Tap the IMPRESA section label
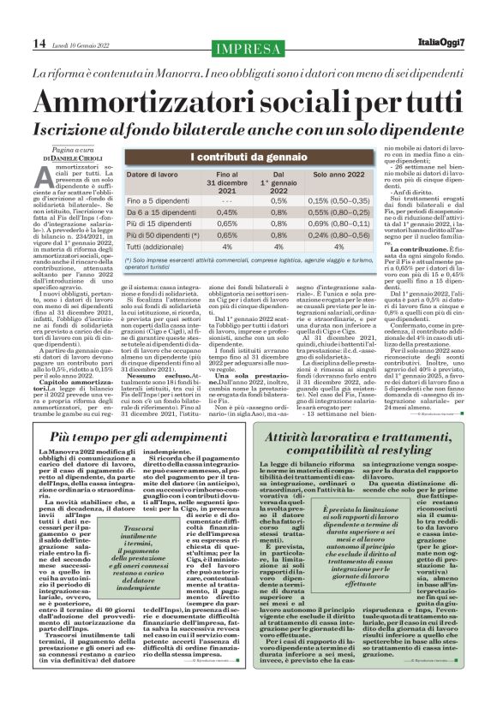tap(248, 45)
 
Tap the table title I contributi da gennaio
tap(248, 157)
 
